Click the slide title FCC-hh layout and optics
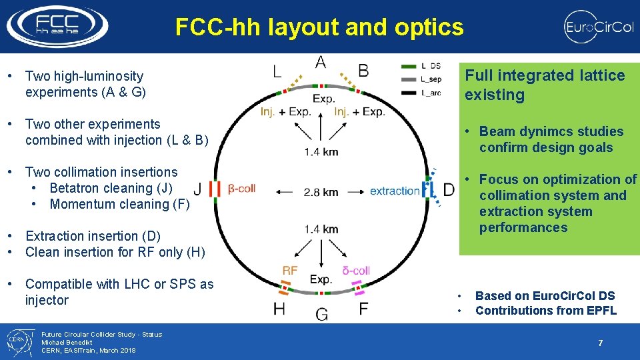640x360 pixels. pos(319,27)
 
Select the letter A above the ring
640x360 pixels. pos(321,63)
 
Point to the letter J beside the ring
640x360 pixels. pos(197,189)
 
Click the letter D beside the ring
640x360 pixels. pos(449,190)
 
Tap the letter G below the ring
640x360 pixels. pos(321,313)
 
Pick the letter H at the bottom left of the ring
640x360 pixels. pos(279,309)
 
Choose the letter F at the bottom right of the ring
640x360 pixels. pos(363,309)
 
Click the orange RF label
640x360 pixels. pos(290,271)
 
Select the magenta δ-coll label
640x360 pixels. pos(355,271)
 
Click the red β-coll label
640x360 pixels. pos(241,189)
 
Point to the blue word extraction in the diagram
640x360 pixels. pos(395,191)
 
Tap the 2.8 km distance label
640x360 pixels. pos(321,192)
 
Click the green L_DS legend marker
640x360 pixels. pos(409,65)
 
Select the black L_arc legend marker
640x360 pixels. pos(409,93)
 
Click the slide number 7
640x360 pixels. pos(600,343)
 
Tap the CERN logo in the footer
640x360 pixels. pos(18,342)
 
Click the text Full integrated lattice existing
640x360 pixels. pos(544,85)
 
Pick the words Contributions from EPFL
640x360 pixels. pos(545,311)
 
